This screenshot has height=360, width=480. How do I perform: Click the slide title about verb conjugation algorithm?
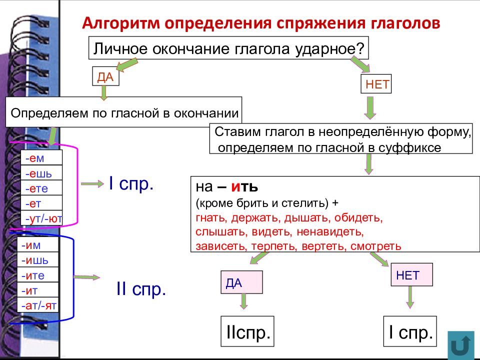point(261,23)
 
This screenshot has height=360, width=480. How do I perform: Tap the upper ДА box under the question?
point(105,77)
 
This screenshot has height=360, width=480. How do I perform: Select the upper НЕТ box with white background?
point(377,84)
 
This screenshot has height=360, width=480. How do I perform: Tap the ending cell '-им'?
point(38,245)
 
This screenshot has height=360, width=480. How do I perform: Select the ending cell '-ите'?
point(38,275)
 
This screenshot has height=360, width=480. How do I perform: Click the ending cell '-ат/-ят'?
point(38,305)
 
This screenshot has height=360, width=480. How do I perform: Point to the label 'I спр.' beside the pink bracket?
point(131,184)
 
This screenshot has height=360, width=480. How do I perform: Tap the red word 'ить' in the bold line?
point(244,188)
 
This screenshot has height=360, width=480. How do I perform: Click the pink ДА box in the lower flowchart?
point(241,282)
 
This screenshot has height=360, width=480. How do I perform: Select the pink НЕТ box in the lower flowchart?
point(411,274)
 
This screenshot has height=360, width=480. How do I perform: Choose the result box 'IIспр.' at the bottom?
point(247,331)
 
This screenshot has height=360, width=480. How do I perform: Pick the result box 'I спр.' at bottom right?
point(409,331)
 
